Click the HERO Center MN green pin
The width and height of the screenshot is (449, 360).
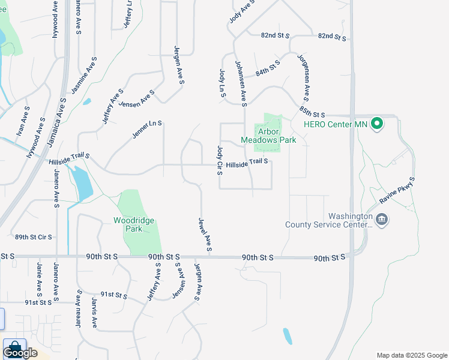tap(377, 124)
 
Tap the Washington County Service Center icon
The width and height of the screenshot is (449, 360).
tap(381, 220)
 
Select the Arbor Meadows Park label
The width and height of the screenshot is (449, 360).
tap(268, 136)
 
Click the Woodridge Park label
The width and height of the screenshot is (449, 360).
tap(134, 224)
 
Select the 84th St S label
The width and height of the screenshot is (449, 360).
tap(268, 67)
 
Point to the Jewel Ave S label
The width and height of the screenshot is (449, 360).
tap(204, 235)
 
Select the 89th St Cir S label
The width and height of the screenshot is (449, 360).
tap(34, 238)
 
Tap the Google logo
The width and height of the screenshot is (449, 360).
tap(20, 352)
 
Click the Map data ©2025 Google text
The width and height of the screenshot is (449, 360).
tap(411, 355)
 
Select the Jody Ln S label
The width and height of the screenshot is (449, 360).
tap(222, 82)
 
